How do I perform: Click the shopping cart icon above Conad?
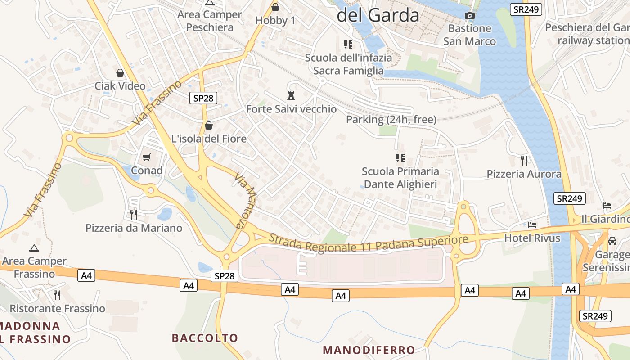point(146,157)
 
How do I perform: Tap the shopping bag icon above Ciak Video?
point(120,73)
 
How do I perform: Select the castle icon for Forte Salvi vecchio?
point(291,95)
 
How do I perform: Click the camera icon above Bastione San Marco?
point(469,16)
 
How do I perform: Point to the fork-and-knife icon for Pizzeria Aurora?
point(524,161)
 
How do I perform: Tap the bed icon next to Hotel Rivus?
point(532,225)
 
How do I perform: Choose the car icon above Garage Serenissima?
point(612,241)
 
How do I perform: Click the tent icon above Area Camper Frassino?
point(34,247)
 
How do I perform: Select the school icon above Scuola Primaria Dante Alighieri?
point(400,158)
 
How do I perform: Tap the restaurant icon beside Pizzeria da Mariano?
point(133,214)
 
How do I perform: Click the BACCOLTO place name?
point(205,338)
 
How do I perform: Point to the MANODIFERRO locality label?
point(369,350)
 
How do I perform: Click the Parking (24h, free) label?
point(391,120)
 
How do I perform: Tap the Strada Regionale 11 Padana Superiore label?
point(368,243)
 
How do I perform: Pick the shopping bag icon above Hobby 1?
point(275,7)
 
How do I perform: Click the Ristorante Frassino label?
point(57,308)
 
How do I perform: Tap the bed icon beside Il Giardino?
point(607,206)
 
